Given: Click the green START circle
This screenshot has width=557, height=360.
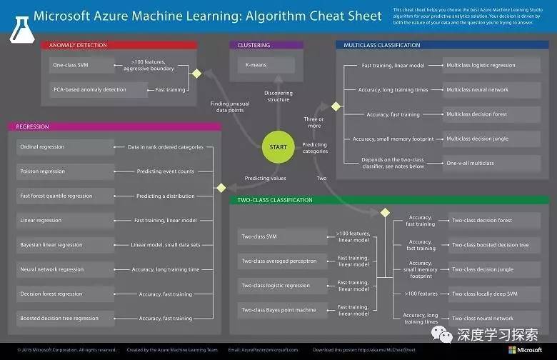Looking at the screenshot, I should tap(278, 147).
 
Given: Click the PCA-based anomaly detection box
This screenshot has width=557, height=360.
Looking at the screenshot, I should tap(89, 90).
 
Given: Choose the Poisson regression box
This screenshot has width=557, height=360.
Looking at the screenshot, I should tap(65, 171).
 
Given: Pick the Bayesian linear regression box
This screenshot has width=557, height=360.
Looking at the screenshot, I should tap(65, 245).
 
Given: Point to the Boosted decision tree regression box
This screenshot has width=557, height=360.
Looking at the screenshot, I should tap(65, 319).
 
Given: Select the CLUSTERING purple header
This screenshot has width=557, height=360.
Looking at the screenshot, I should tap(261, 45).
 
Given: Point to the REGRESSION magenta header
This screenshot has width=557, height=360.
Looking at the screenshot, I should tap(114, 126).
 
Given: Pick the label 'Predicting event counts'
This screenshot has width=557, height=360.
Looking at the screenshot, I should tap(166, 171).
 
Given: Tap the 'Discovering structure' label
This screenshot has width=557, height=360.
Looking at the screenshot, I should tap(278, 96).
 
